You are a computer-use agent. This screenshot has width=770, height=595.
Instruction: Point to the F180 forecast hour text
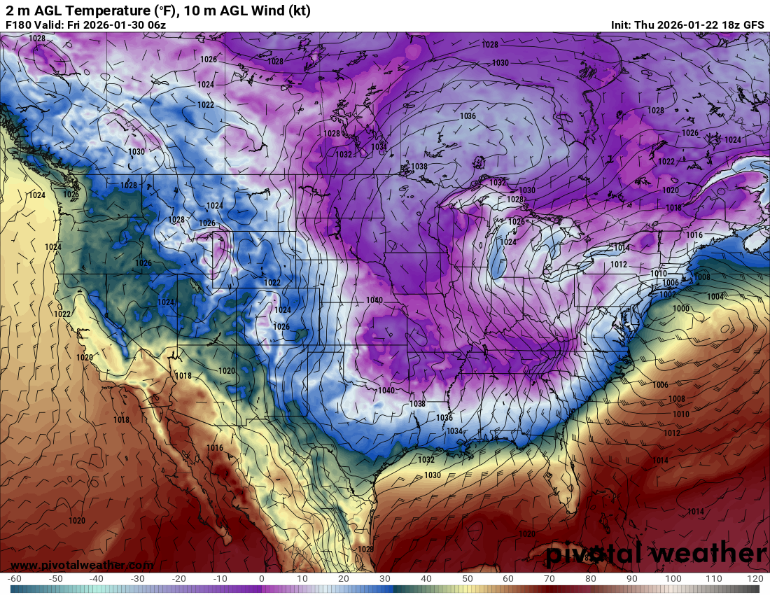(x=17, y=24)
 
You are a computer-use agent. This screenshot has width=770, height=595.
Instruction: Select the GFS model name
(x=754, y=24)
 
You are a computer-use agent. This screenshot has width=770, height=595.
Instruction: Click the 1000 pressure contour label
(x=680, y=308)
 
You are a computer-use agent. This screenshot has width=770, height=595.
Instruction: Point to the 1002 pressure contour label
(x=668, y=295)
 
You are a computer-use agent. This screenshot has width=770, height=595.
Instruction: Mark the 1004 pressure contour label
(x=715, y=297)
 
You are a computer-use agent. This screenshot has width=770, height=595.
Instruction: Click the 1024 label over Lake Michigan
(x=508, y=242)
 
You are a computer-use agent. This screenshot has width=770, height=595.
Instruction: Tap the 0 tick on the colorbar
(x=262, y=579)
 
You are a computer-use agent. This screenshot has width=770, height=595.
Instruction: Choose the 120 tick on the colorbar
(x=755, y=579)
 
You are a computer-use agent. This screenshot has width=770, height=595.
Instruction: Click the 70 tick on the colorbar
(x=549, y=579)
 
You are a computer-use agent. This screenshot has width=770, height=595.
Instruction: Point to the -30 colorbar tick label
(x=138, y=579)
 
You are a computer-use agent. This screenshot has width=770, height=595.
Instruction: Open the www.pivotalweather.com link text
(x=82, y=565)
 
